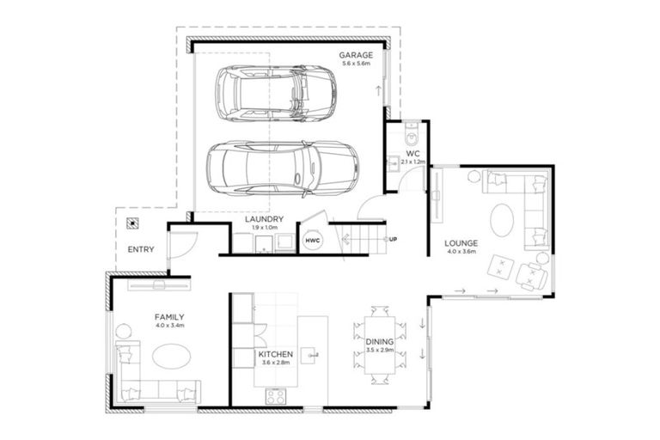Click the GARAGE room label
(x=355, y=54)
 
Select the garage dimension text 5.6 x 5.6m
(x=355, y=64)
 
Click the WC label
(x=412, y=155)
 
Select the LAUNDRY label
(x=264, y=219)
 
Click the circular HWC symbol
(x=312, y=241)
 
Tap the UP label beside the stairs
(x=393, y=239)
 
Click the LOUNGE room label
(x=461, y=243)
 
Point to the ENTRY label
(x=140, y=249)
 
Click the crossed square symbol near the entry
(x=131, y=223)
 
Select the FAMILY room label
(x=169, y=317)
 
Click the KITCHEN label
(x=276, y=354)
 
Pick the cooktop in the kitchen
(x=278, y=396)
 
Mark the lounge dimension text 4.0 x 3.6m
(x=461, y=253)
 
